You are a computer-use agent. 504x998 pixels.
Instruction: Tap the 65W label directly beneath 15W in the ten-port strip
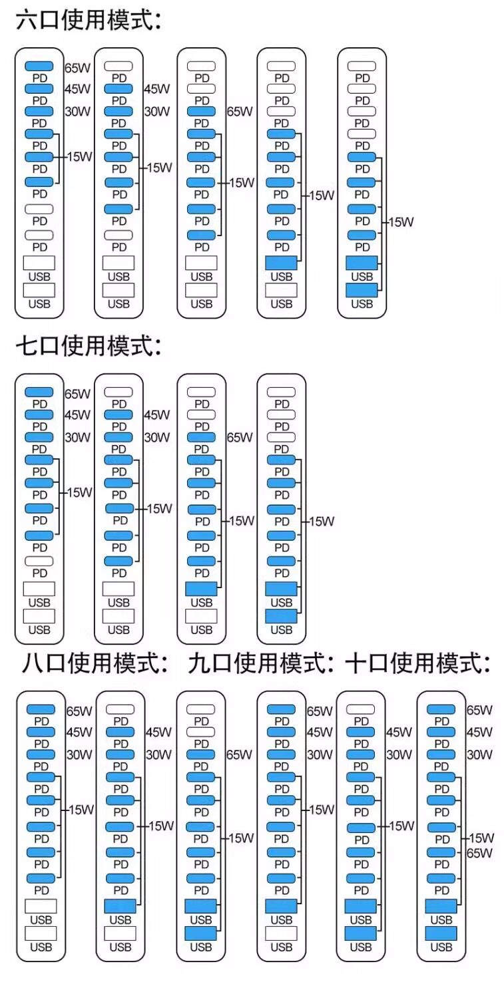(479, 853)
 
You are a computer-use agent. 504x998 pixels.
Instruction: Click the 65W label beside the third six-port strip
(240, 111)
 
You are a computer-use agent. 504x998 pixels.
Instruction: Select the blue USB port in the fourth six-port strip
(282, 263)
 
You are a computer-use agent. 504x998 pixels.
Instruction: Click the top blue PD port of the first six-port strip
(39, 66)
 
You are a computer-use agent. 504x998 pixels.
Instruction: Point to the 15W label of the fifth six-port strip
(401, 222)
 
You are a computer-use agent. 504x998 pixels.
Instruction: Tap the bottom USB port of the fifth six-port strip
(362, 290)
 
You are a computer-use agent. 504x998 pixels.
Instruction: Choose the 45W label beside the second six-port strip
(157, 88)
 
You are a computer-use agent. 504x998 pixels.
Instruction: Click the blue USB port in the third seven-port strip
(201, 589)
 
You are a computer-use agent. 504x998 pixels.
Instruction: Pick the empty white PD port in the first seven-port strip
(39, 561)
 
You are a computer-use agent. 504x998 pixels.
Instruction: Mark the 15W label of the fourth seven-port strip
(321, 521)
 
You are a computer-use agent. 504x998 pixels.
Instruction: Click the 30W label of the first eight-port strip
(79, 754)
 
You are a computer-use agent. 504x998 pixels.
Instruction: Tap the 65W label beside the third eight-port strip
(240, 754)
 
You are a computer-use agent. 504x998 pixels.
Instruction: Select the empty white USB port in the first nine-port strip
(282, 933)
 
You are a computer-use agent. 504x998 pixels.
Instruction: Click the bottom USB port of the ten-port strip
(441, 933)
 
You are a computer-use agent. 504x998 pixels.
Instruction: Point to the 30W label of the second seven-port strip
(157, 438)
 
